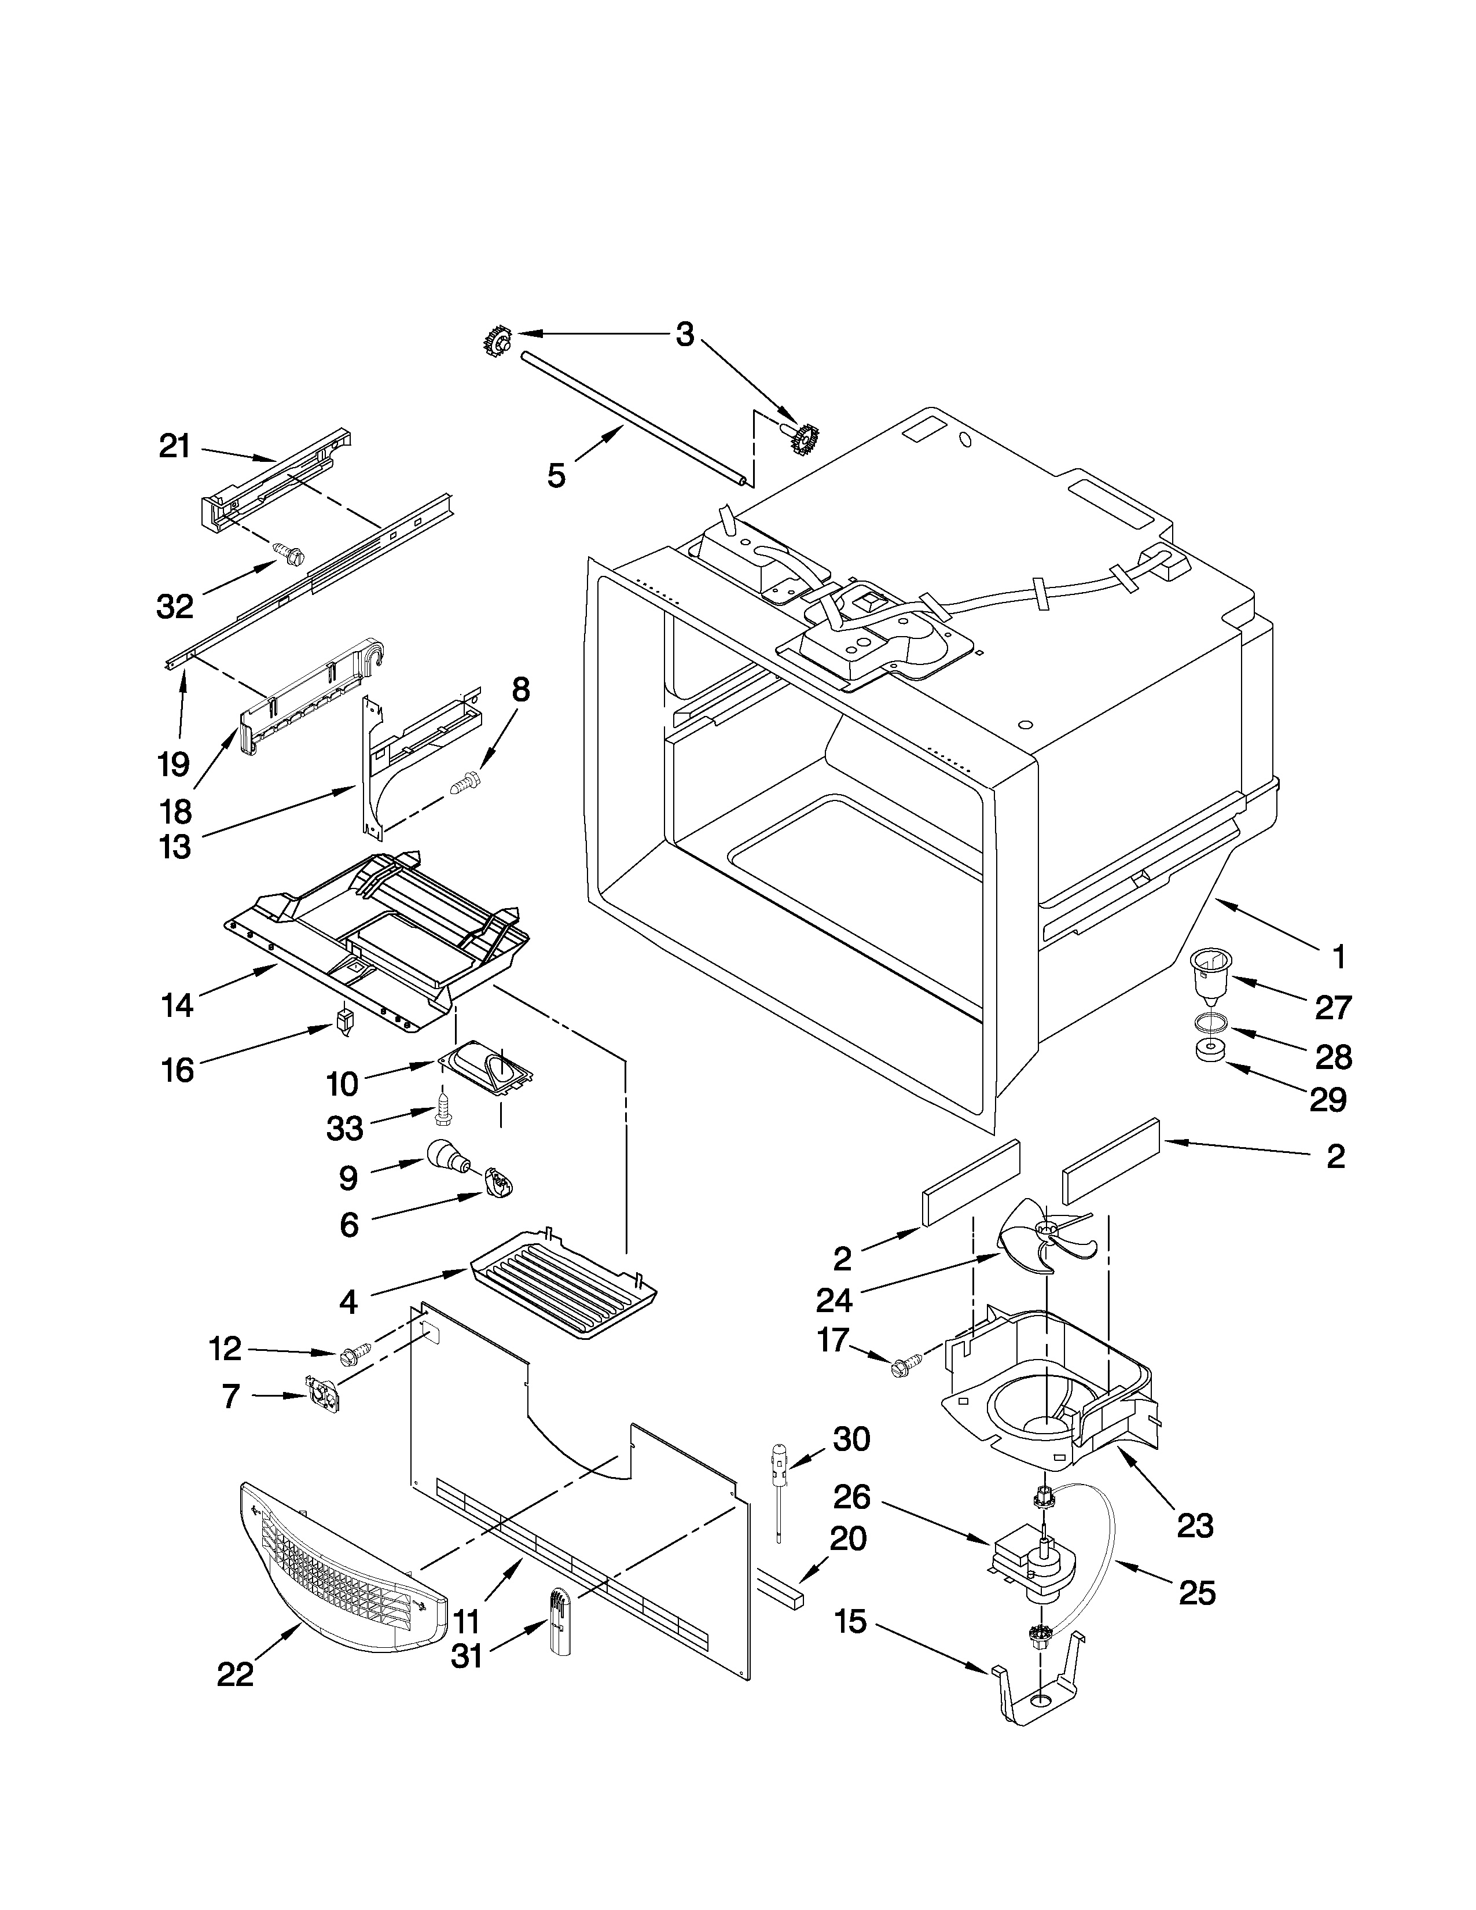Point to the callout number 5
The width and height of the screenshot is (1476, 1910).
[557, 476]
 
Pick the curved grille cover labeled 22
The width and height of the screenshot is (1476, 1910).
[341, 1570]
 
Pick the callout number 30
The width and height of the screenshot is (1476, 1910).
[851, 1439]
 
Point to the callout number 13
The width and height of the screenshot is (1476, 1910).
[176, 847]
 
